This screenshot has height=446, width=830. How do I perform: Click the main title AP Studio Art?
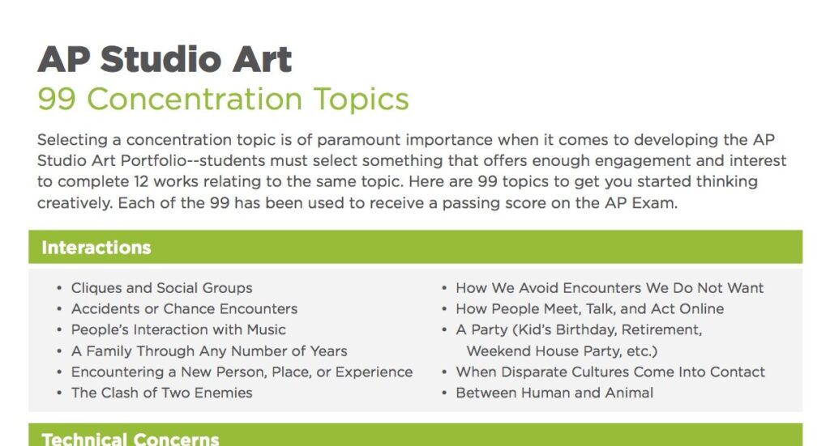(165, 59)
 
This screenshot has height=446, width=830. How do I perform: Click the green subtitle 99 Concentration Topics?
(223, 100)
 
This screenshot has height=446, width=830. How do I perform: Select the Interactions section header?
(96, 247)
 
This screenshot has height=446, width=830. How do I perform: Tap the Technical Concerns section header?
(130, 439)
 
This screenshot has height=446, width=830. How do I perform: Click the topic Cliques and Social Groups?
(161, 288)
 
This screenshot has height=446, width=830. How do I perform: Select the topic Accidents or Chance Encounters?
(184, 309)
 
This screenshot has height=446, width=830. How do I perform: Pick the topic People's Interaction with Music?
(178, 330)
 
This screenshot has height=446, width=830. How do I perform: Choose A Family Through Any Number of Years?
(209, 351)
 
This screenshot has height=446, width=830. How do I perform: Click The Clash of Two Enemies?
(161, 393)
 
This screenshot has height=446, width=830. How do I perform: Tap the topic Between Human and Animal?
(554, 393)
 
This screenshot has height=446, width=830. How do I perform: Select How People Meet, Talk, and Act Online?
(589, 309)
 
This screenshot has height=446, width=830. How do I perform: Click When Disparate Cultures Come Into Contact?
(610, 372)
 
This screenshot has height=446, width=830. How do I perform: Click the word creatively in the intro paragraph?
(74, 203)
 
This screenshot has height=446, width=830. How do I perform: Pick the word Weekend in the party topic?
(495, 351)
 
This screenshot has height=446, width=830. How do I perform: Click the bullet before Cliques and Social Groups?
(59, 289)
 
